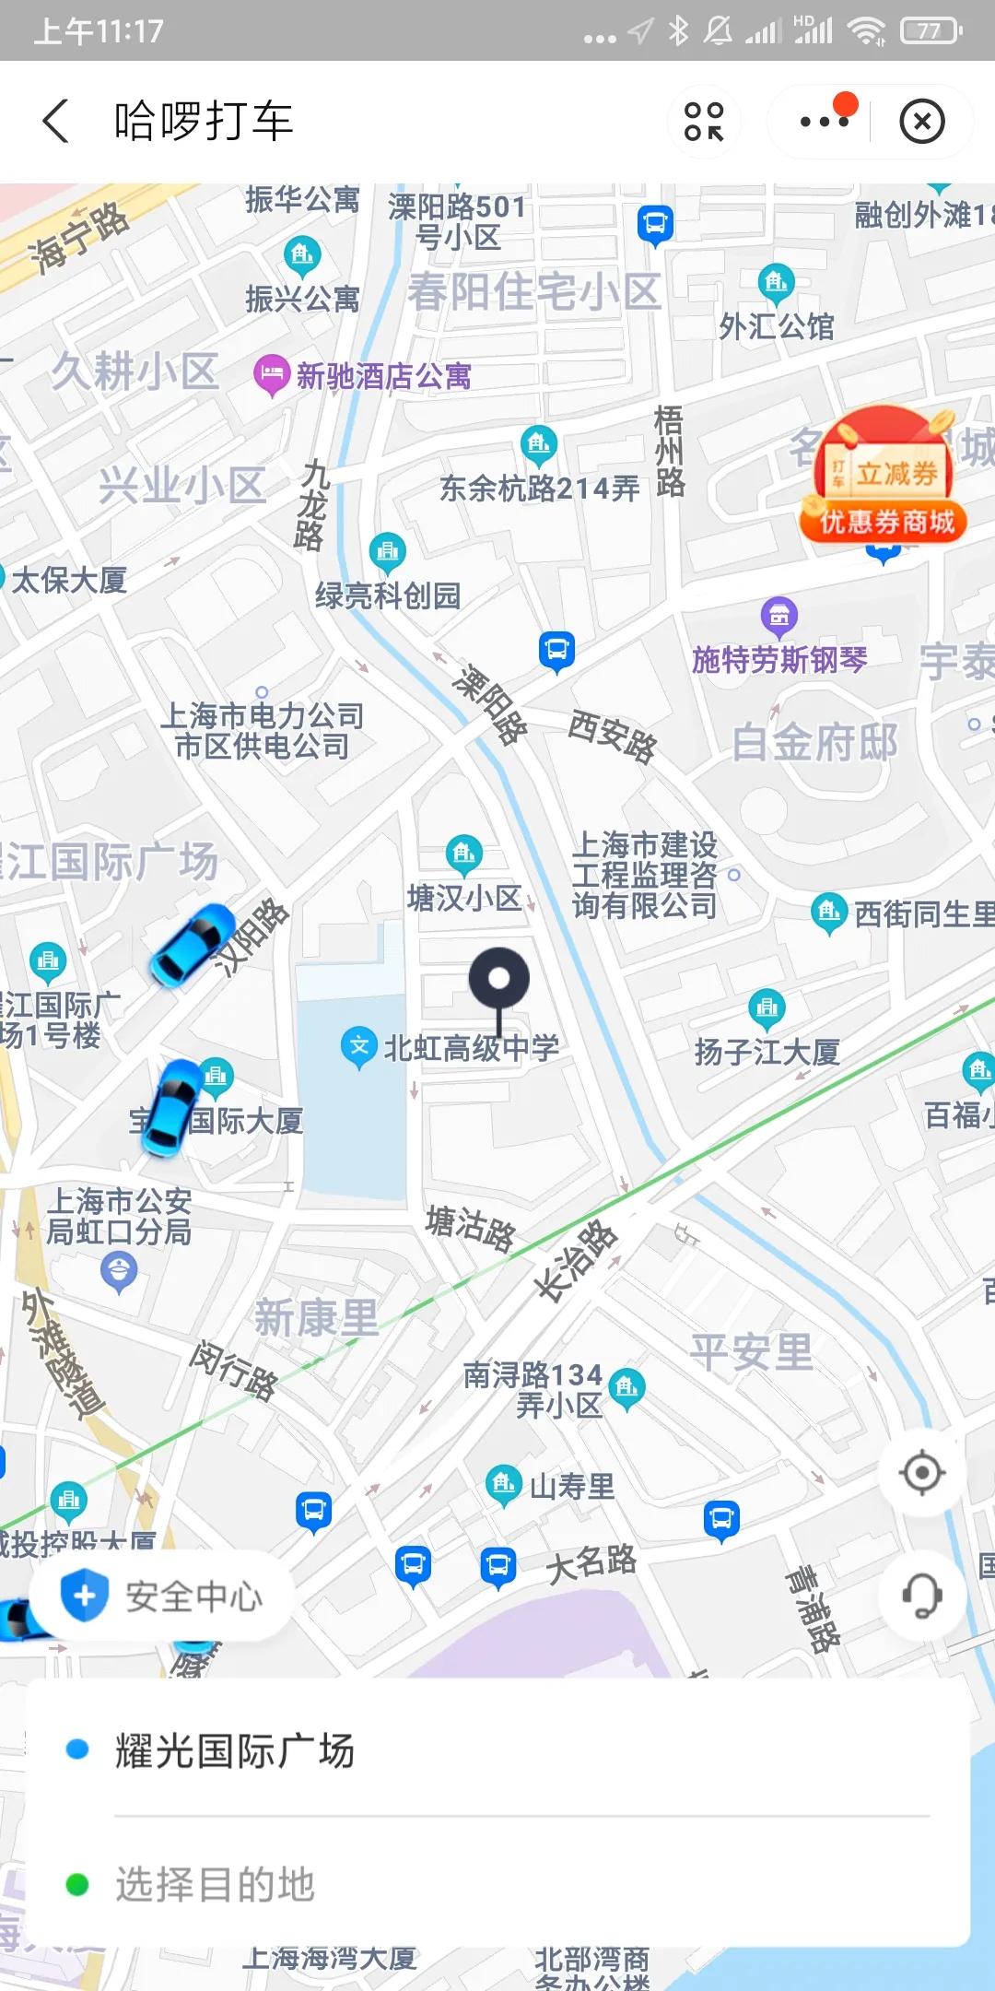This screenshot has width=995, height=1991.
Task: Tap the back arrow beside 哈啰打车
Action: (x=55, y=122)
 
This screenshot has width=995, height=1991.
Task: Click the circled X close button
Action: (x=921, y=122)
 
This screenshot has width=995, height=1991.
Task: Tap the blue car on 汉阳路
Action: (x=193, y=945)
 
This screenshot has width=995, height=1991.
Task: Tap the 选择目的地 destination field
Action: (x=216, y=1885)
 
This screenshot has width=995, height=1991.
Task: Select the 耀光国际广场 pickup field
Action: (x=234, y=1750)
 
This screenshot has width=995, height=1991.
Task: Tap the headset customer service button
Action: (x=921, y=1596)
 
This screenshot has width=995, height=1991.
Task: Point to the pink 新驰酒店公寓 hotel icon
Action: (x=271, y=375)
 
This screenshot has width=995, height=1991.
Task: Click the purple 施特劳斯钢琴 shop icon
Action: (x=779, y=615)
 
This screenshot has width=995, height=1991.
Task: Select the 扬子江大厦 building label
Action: (x=767, y=1052)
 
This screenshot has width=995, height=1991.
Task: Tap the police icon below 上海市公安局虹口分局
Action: (x=119, y=1273)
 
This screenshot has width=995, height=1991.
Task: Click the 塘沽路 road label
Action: (x=471, y=1228)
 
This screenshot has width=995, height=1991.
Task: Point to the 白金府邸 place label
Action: (x=814, y=743)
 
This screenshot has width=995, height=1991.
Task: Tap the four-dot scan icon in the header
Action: (x=704, y=122)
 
